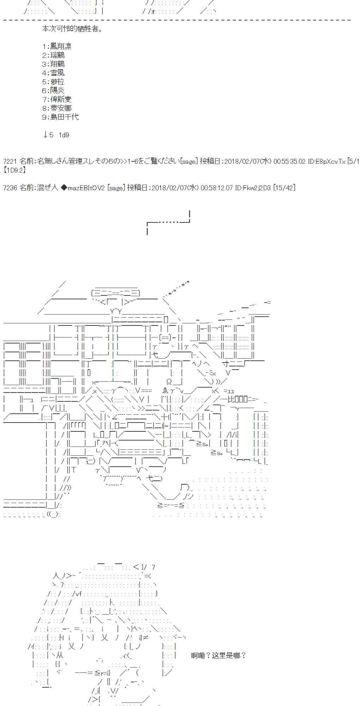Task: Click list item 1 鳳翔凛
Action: coord(57,46)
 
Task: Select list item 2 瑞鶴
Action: coord(53,55)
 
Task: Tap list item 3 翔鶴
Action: coord(53,64)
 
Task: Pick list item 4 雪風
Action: coord(53,73)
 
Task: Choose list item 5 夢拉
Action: coord(53,82)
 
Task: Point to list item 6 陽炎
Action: coord(53,90)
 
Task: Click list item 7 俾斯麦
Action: coord(57,99)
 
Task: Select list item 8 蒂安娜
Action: coord(57,108)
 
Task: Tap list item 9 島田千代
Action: coord(60,117)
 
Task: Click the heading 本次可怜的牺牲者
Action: coord(72,29)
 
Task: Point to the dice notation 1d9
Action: coord(64,135)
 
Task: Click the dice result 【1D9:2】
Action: coord(14,170)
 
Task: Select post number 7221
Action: coord(10,161)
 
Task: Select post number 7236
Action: coord(10,188)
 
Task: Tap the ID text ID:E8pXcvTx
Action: coord(326,161)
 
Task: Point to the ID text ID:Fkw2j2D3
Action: coord(253,188)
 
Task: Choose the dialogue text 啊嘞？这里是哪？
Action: coord(218,656)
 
